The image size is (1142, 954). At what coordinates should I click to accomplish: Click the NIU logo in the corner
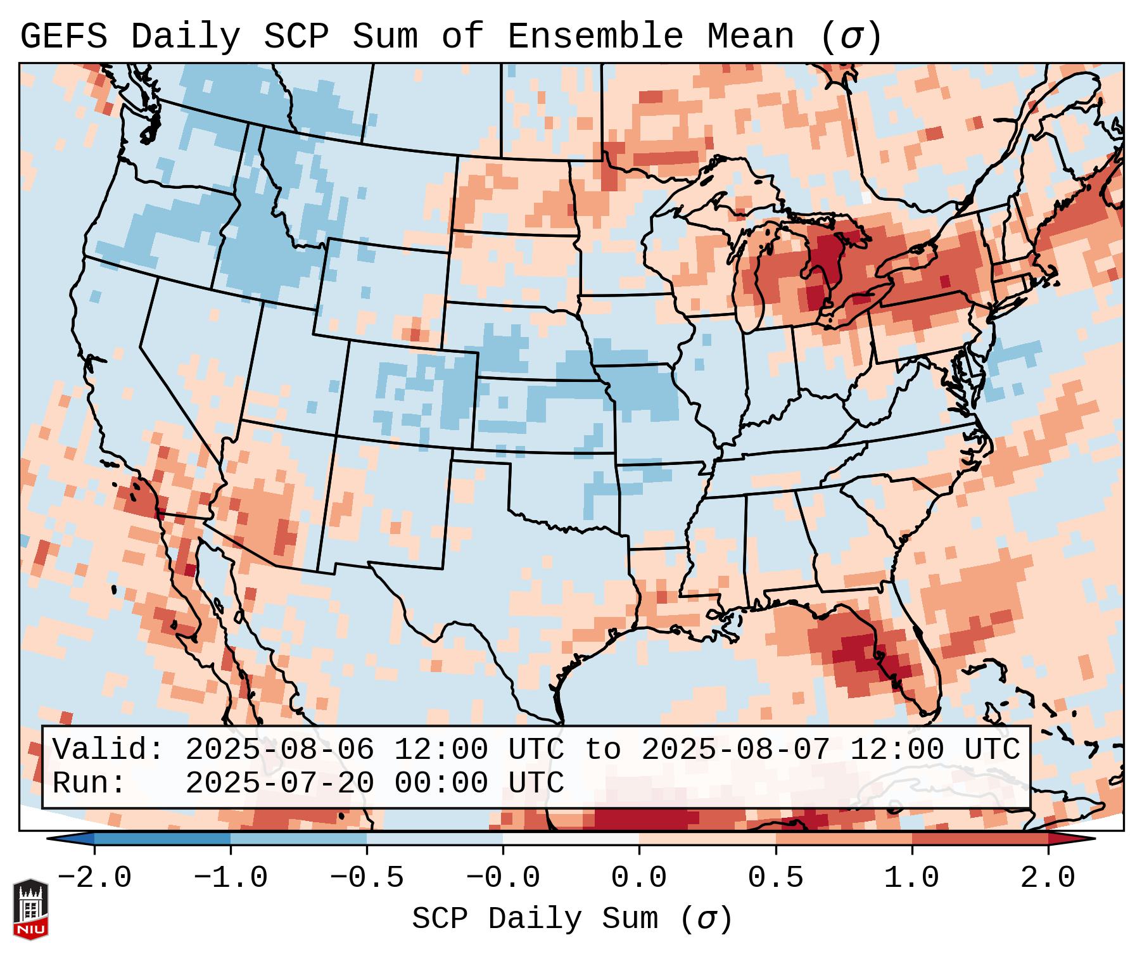coord(30,909)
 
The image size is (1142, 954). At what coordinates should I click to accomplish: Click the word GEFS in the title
coord(63,37)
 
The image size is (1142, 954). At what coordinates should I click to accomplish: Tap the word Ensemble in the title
coord(595,37)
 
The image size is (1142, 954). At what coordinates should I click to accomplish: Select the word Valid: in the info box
coord(108,750)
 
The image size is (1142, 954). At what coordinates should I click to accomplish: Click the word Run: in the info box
coord(89,784)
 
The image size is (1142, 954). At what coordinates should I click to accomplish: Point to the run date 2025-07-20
coord(279,784)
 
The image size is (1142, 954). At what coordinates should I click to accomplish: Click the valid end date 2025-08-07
coord(735,750)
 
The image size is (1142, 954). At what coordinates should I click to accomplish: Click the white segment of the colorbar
coord(571,839)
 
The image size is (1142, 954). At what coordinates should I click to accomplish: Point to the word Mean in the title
coord(750,37)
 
